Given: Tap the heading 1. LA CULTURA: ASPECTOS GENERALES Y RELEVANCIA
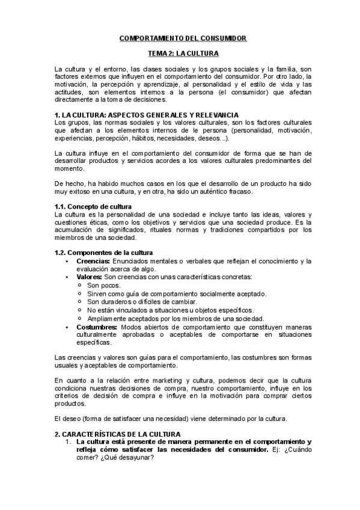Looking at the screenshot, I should [146, 115].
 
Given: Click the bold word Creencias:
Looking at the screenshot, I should [93, 261].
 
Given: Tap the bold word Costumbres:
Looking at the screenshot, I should [98, 327].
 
